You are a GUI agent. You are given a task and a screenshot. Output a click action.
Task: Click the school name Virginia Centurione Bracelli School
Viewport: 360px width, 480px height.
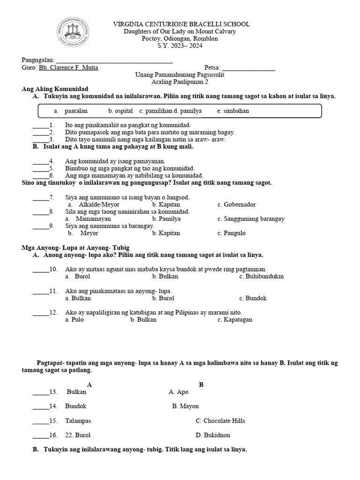click(x=182, y=24)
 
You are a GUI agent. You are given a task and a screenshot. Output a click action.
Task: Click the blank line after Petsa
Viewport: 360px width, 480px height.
click(x=248, y=67)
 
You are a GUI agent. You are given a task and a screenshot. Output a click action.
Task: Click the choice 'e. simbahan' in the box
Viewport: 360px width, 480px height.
click(x=233, y=111)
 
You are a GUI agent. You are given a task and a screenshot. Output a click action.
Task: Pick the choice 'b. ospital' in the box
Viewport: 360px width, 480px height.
click(x=120, y=111)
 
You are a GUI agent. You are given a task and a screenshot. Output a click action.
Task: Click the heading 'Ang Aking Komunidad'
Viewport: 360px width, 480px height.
click(x=55, y=89)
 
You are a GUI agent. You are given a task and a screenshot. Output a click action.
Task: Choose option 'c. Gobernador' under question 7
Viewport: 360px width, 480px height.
click(x=236, y=205)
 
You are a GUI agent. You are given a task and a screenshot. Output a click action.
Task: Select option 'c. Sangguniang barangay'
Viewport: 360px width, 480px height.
click(x=251, y=219)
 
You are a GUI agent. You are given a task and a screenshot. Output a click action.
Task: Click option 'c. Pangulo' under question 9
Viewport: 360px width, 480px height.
click(x=232, y=233)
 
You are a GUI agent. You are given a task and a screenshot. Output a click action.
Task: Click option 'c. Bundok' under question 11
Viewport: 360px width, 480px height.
click(x=253, y=298)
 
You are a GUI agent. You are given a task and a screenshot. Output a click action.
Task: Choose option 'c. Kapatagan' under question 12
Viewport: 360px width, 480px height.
click(x=235, y=320)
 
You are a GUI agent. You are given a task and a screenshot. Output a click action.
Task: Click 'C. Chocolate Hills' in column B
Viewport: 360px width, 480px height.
click(x=220, y=420)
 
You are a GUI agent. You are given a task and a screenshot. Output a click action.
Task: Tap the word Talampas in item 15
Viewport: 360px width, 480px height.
click(x=78, y=420)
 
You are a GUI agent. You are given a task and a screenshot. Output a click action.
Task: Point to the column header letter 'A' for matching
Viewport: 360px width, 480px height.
click(x=90, y=384)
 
